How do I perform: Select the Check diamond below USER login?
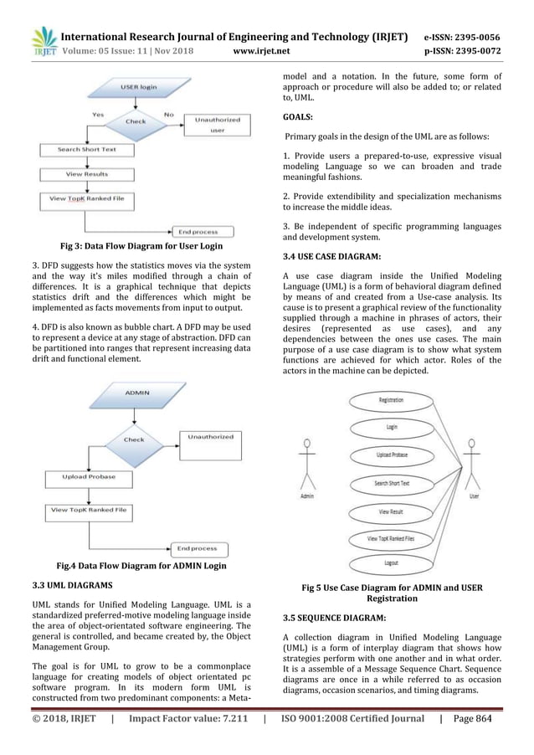tap(135, 121)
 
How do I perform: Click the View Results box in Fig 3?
tap(86, 174)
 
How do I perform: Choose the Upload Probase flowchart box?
tap(86, 477)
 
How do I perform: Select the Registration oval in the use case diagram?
tap(391, 401)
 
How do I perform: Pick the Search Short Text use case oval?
tap(391, 483)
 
